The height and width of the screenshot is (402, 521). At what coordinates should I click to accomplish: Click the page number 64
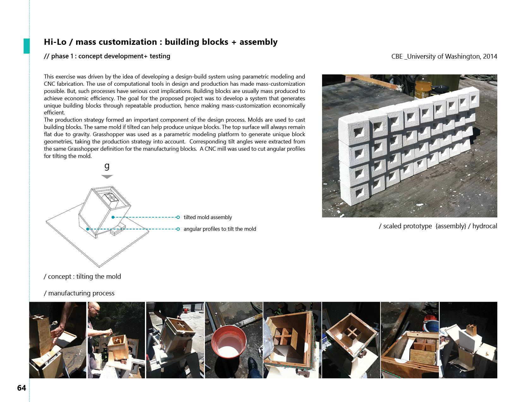(x=21, y=388)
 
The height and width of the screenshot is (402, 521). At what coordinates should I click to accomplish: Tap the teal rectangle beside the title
(x=27, y=46)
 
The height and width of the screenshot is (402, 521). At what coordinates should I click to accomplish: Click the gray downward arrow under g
(x=107, y=177)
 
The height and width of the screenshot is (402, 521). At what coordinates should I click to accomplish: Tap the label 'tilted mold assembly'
(x=208, y=217)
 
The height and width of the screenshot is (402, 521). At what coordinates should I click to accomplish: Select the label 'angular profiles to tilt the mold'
(x=220, y=229)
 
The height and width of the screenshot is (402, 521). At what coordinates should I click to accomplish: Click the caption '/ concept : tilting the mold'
(x=82, y=277)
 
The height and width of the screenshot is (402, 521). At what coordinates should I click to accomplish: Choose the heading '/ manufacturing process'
(x=79, y=293)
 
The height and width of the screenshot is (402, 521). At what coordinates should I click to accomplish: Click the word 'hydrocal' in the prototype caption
(x=485, y=226)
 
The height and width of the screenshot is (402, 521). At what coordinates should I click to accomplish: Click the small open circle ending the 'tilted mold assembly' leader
(x=178, y=217)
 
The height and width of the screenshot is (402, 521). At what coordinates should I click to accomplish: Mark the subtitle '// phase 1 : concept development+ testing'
(x=107, y=56)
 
